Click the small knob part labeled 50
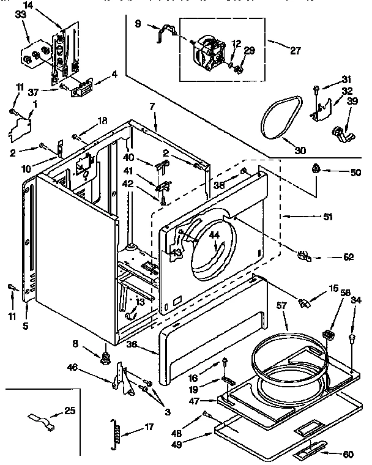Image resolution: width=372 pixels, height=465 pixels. coord(316,168)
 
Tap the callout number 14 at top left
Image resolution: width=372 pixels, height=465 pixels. coord(45,5)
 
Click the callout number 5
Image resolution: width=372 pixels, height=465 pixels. coord(26,326)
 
